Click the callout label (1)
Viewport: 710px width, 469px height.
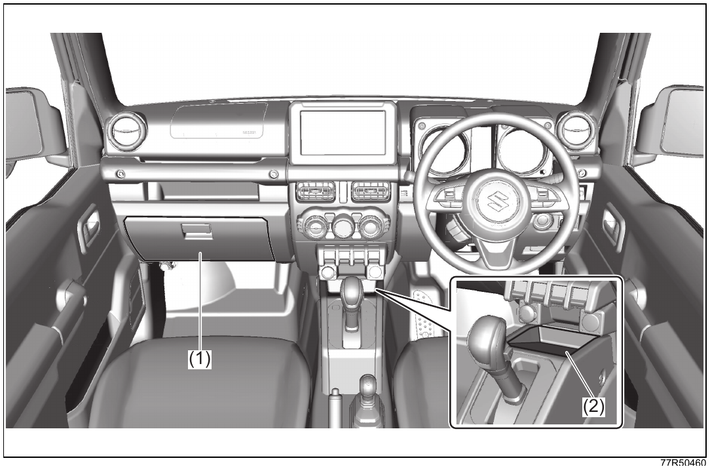200,359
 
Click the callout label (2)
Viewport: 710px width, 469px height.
593,406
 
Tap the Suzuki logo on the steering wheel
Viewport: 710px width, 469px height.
496,201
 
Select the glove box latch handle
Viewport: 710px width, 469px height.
196,230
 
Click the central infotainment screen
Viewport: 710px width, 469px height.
343,133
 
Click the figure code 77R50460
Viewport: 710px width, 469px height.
682,463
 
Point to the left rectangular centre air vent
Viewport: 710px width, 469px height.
316,192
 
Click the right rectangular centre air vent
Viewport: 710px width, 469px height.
371,191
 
